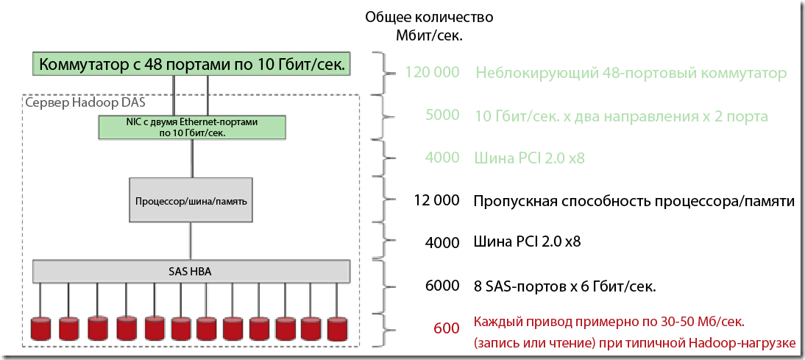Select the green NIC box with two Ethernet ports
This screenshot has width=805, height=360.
tap(192, 127)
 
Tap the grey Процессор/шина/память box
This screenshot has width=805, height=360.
tap(191, 200)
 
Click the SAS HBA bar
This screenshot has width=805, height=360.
tap(191, 271)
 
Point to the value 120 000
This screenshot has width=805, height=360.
tap(432, 73)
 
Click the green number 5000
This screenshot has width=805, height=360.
tap(442, 116)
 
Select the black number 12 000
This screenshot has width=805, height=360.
tap(437, 200)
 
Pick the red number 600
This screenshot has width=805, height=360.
tap(447, 328)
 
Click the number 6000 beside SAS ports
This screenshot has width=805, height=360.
tap(442, 285)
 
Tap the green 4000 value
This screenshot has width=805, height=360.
tap(442, 158)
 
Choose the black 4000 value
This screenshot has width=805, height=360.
tap(442, 241)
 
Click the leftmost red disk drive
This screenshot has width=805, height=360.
tap(43, 328)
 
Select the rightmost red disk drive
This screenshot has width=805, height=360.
tap(337, 328)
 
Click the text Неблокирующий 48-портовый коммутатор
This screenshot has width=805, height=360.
tap(631, 74)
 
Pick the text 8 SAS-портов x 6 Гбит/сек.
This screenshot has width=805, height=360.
tap(564, 285)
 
